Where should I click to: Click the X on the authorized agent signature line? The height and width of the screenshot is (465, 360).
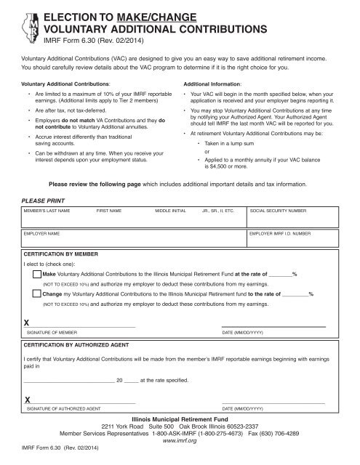click(x=27, y=400)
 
